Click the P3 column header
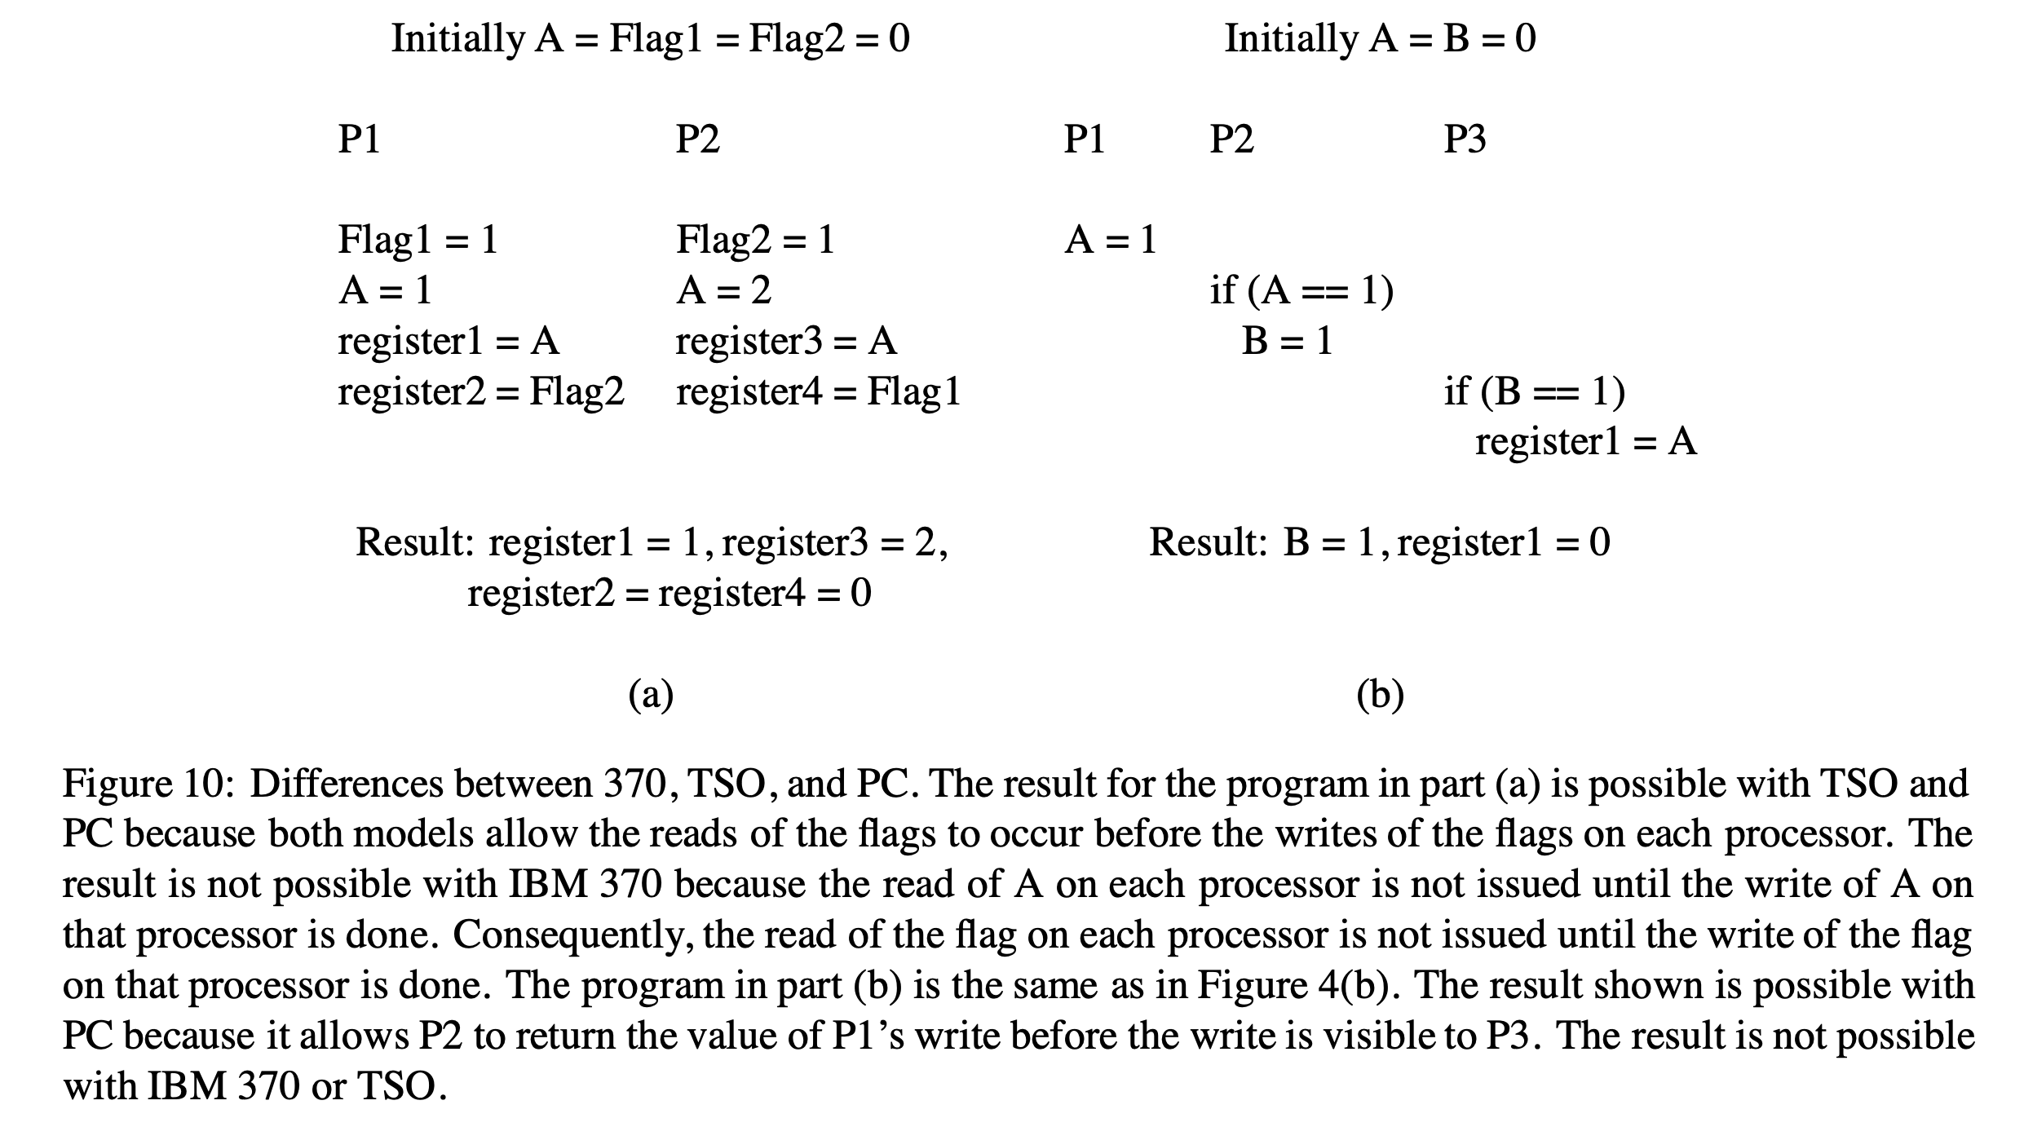pos(1465,139)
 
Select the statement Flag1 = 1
pos(418,240)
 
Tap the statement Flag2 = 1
pos(755,240)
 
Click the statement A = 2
pos(723,290)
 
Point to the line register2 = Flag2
pos(480,391)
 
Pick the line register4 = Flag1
pos(818,391)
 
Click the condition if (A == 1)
pos(1301,290)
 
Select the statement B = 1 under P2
pos(1287,341)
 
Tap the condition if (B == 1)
pos(1534,391)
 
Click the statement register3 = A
pos(786,341)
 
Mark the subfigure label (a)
pos(651,695)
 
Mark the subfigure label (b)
pos(1380,695)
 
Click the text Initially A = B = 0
pos(1380,38)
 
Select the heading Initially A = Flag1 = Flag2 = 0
pos(650,38)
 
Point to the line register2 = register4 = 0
pos(669,593)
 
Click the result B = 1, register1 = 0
pos(1380,542)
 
